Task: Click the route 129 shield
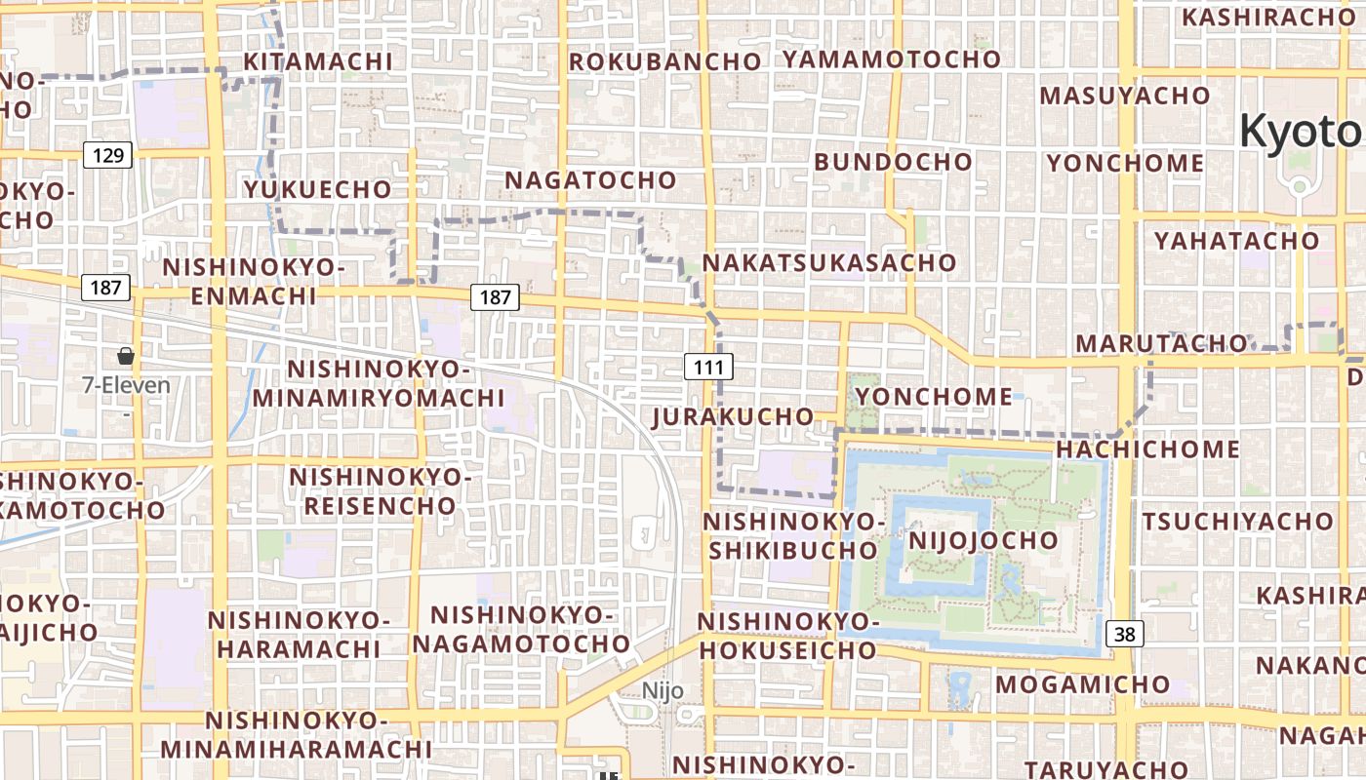[x=107, y=154]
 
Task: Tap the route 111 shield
[x=708, y=367]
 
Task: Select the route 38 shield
[x=1125, y=635]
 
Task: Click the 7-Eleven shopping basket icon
[x=126, y=356]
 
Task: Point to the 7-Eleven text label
[x=126, y=385]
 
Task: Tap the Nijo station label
[x=663, y=691]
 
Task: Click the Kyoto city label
[x=1303, y=132]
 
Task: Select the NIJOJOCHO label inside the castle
[x=983, y=540]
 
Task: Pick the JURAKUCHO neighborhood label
[x=732, y=417]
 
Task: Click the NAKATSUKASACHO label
[x=829, y=263]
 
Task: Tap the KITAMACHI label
[x=318, y=61]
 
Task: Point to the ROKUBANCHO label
[x=664, y=61]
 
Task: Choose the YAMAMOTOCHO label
[x=892, y=58]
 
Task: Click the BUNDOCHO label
[x=893, y=162]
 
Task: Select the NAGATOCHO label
[x=590, y=180]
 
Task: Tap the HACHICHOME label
[x=1147, y=449]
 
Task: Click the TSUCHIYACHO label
[x=1237, y=522]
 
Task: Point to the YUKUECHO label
[x=317, y=189]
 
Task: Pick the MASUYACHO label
[x=1124, y=96]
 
